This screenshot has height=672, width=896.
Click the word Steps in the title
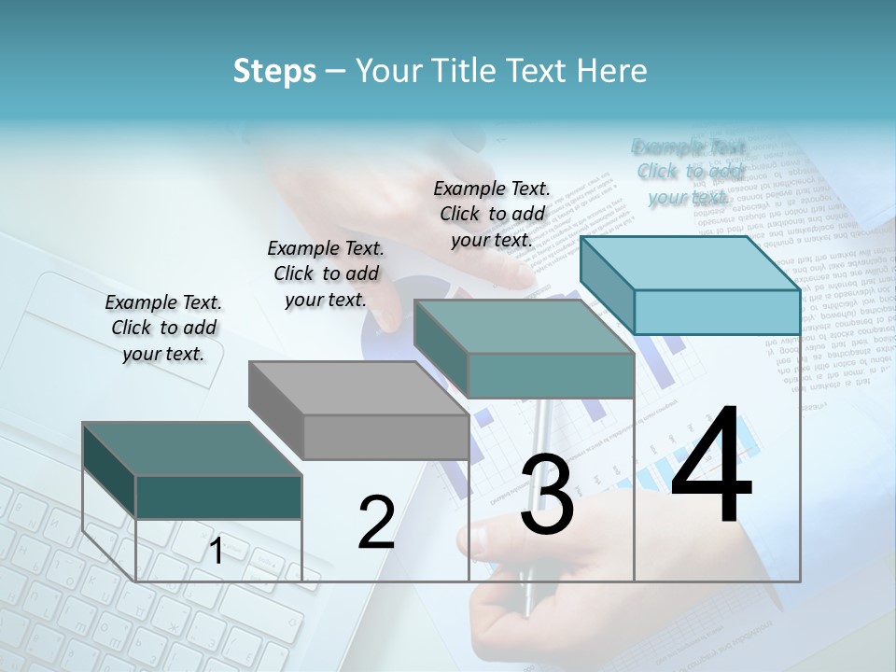point(274,71)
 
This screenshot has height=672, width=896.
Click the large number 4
point(711,466)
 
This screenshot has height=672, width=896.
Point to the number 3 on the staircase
point(546,496)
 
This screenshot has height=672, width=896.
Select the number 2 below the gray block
point(376,523)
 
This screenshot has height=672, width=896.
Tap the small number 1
point(217,552)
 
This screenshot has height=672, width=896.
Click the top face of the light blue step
point(689,262)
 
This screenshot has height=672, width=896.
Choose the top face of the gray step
point(358,387)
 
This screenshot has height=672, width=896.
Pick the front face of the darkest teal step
point(218,497)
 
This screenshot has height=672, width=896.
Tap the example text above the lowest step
point(163,328)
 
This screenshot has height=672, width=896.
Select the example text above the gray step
point(326,273)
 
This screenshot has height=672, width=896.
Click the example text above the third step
point(492,214)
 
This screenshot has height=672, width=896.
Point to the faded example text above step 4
point(689,172)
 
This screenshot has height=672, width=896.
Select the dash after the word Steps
point(335,71)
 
